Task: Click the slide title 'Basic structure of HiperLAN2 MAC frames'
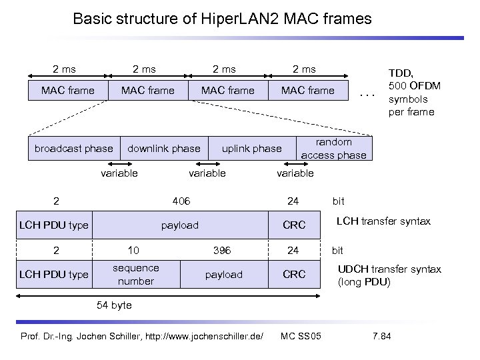[x=222, y=18]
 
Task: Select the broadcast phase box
[x=73, y=148]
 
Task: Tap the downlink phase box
[x=163, y=148]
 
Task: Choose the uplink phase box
[x=251, y=148]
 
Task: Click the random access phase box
[x=333, y=148]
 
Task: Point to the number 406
[x=181, y=200]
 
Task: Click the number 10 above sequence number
[x=133, y=251]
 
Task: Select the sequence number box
[x=135, y=274]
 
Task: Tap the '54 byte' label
[x=114, y=305]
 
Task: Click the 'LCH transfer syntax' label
[x=383, y=221]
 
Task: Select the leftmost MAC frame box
[x=67, y=90]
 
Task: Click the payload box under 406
[x=180, y=225]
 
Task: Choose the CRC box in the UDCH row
[x=293, y=275]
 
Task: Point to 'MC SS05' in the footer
[x=301, y=335]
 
